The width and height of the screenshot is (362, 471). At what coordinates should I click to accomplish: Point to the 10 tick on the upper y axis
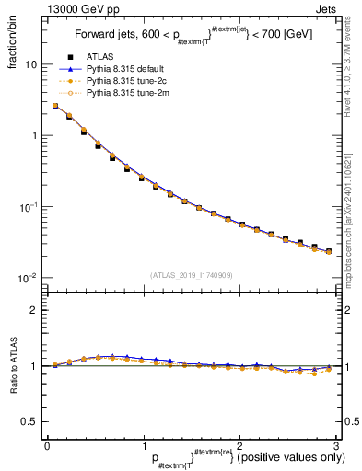point(30,64)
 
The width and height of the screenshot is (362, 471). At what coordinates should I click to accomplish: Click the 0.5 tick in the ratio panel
point(29,421)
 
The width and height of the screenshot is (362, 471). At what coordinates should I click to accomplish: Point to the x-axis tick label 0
point(47,444)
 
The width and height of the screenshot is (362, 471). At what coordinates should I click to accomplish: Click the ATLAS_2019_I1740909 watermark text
point(191,274)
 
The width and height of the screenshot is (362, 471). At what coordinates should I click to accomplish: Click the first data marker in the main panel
point(54,106)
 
